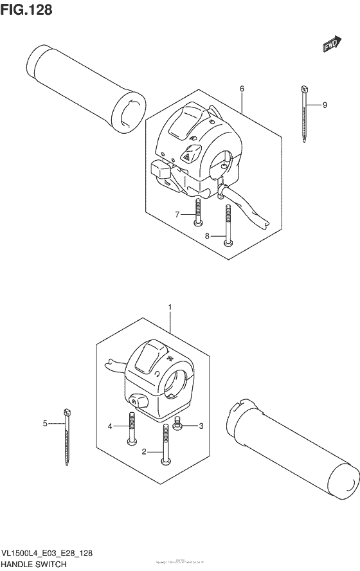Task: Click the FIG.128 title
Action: click(x=26, y=10)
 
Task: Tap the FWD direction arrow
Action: click(x=331, y=44)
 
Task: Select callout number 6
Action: click(x=242, y=88)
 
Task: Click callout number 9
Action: click(x=325, y=105)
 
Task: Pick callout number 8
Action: click(x=208, y=236)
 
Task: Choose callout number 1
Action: click(x=170, y=308)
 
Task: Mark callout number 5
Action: click(x=46, y=423)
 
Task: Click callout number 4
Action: click(x=110, y=426)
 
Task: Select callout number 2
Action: click(x=145, y=452)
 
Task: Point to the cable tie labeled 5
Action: click(x=66, y=437)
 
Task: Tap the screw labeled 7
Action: click(x=198, y=213)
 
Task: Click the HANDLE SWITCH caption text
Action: click(x=34, y=564)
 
